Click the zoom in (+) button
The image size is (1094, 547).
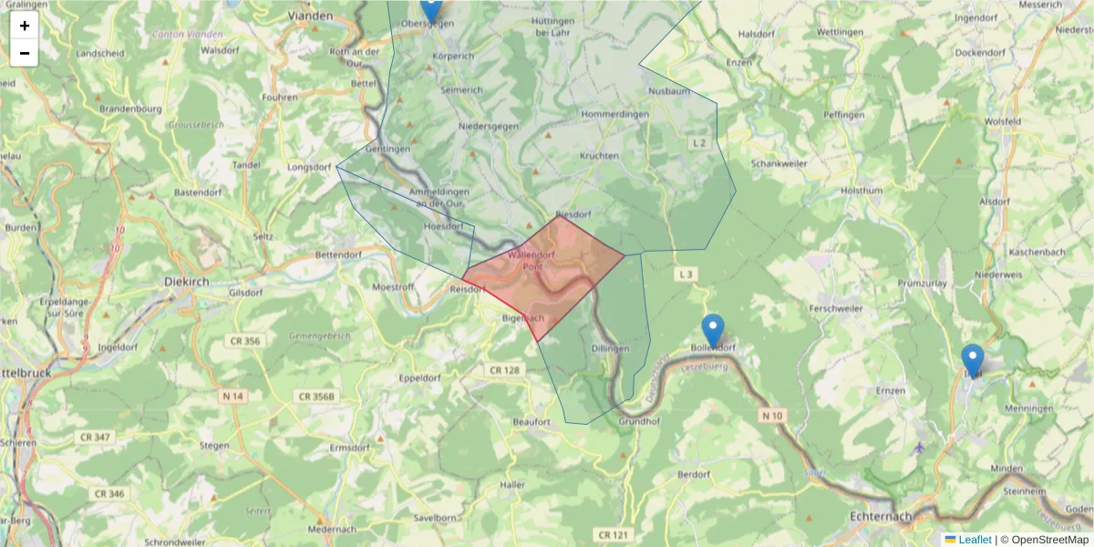[25, 26]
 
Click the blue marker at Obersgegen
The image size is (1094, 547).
[430, 9]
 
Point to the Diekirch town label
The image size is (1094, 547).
[187, 282]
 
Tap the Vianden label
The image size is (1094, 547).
[310, 15]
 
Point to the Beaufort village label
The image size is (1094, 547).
[532, 422]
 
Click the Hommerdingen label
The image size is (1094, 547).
[614, 114]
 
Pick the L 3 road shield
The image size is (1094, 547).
[686, 273]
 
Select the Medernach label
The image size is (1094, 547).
[332, 529]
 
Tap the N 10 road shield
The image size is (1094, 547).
[771, 416]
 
